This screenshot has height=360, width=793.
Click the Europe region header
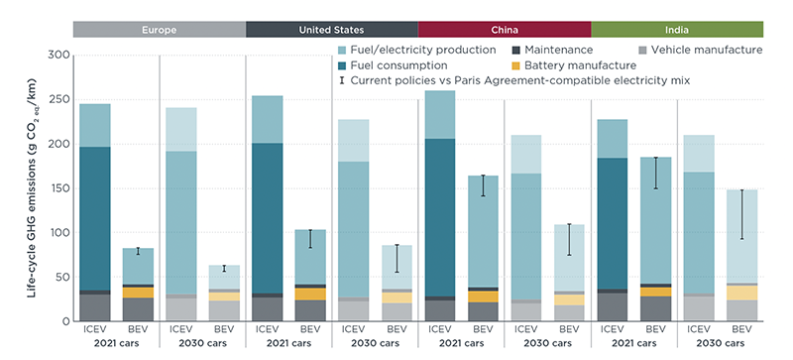click(160, 30)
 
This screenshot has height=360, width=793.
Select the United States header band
click(332, 30)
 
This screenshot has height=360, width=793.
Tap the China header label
click(505, 30)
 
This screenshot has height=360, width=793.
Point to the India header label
click(677, 30)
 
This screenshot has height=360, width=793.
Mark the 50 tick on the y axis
click(61, 277)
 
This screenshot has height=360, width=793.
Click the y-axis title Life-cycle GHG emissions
click(32, 188)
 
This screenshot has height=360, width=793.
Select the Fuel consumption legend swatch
click(342, 65)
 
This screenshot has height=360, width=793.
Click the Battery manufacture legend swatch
click(515, 65)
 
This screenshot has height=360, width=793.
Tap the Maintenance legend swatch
click(515, 51)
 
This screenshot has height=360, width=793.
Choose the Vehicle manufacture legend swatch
click(642, 51)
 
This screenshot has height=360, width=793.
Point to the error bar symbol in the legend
click(342, 80)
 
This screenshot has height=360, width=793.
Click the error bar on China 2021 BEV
click(483, 185)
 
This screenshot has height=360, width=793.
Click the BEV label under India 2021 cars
click(656, 329)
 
